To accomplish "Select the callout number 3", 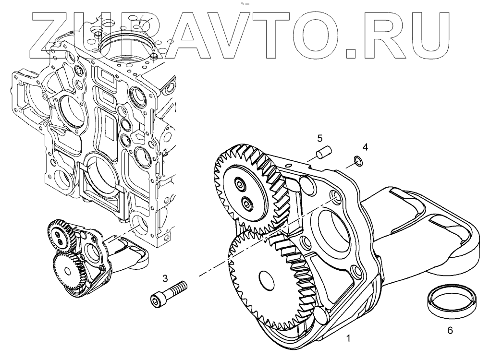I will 165,278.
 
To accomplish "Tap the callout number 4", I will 365,147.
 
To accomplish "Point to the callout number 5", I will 319,139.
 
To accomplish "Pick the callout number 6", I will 449,330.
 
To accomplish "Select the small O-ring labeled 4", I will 357,160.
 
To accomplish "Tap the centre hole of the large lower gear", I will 266,278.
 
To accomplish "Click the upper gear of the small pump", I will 60,235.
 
